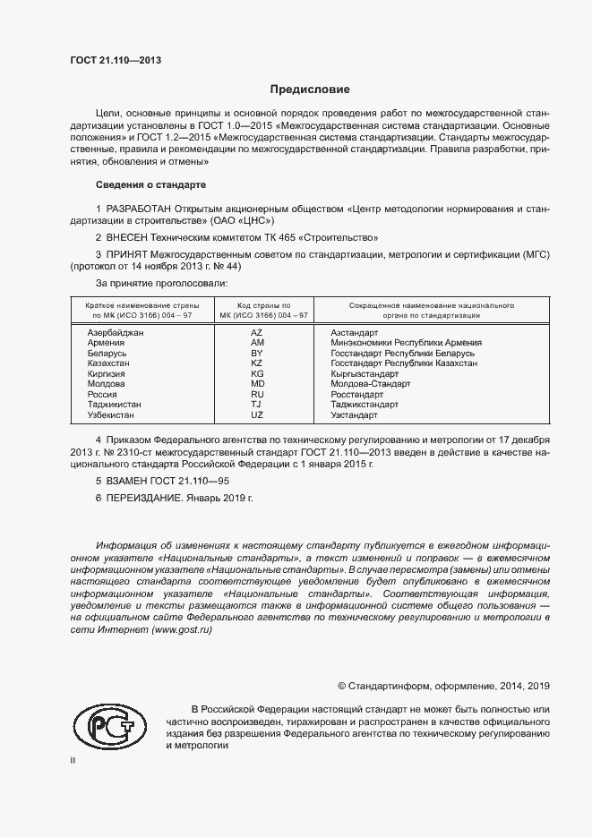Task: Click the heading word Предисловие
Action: (x=310, y=90)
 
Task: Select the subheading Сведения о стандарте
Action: (x=150, y=184)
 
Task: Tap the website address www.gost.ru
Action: (x=182, y=630)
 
